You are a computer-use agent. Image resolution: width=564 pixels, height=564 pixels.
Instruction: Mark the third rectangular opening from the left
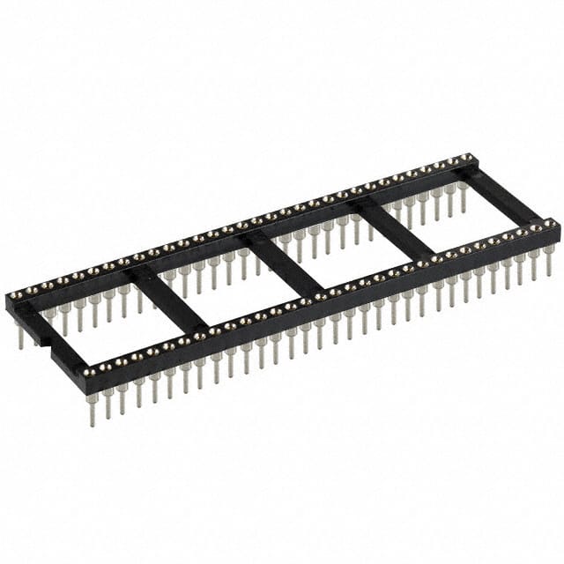pos(339,261)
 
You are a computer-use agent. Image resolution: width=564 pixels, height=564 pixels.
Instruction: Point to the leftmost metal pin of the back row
pos(19,335)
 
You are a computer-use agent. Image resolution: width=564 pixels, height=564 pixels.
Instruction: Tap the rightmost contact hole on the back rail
pos(470,159)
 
